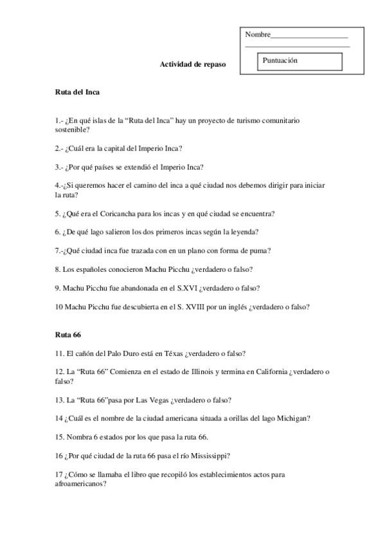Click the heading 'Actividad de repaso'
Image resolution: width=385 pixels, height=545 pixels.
pos(193,65)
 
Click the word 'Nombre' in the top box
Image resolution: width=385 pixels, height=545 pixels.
pos(258,34)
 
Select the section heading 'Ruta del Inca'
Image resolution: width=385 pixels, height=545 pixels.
pos(77,93)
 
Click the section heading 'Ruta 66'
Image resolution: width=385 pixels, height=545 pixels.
pos(67,335)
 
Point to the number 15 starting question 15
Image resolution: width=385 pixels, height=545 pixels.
pos(60,437)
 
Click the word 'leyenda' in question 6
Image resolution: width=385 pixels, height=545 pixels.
pos(244,232)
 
